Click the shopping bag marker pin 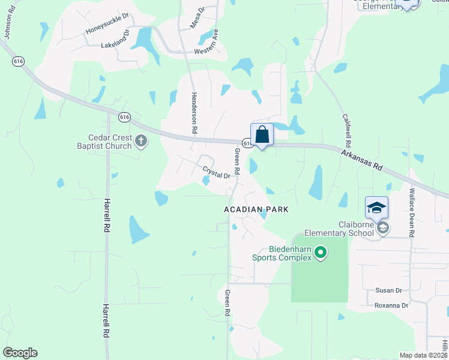[x=262, y=134]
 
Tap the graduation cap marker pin [x=376, y=208]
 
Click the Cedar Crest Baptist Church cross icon [x=141, y=142]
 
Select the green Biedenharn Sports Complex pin [x=321, y=253]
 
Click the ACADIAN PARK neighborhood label [x=256, y=209]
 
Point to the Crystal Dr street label [x=217, y=172]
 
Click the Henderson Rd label [x=194, y=112]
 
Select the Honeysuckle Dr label [x=107, y=30]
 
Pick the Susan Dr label [x=388, y=290]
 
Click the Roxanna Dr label [x=391, y=305]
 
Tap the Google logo [x=20, y=353]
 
